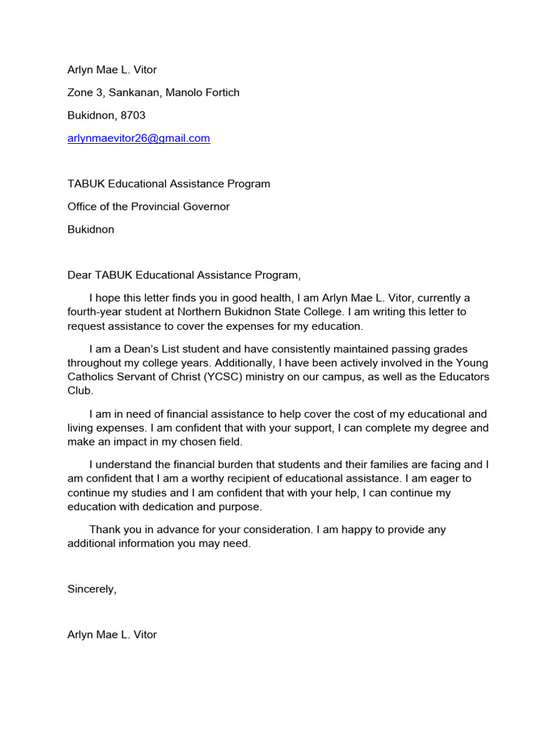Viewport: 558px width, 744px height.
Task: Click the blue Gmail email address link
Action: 138,138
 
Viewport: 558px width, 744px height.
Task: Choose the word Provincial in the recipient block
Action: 155,206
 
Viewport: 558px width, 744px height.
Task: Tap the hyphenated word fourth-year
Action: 94,312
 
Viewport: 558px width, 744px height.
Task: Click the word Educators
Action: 464,376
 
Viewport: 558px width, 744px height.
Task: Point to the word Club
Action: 80,390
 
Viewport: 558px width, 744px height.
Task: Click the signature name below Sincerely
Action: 112,634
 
